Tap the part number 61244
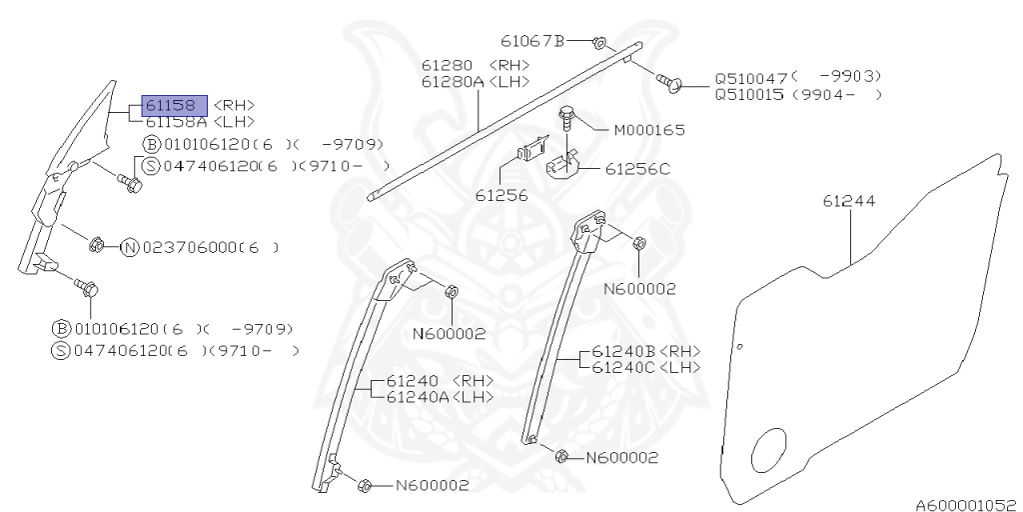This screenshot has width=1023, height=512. pos(849,201)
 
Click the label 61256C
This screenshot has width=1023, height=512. pos(637,169)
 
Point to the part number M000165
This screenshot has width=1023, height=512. pos(649,131)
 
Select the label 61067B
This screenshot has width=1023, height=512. pos(532,40)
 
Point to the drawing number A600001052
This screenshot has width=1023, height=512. pos(968,505)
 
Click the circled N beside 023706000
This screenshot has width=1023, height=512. pos(131,248)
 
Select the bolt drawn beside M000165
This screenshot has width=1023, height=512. pos(565,120)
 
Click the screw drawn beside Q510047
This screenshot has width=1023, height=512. pos(670,82)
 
